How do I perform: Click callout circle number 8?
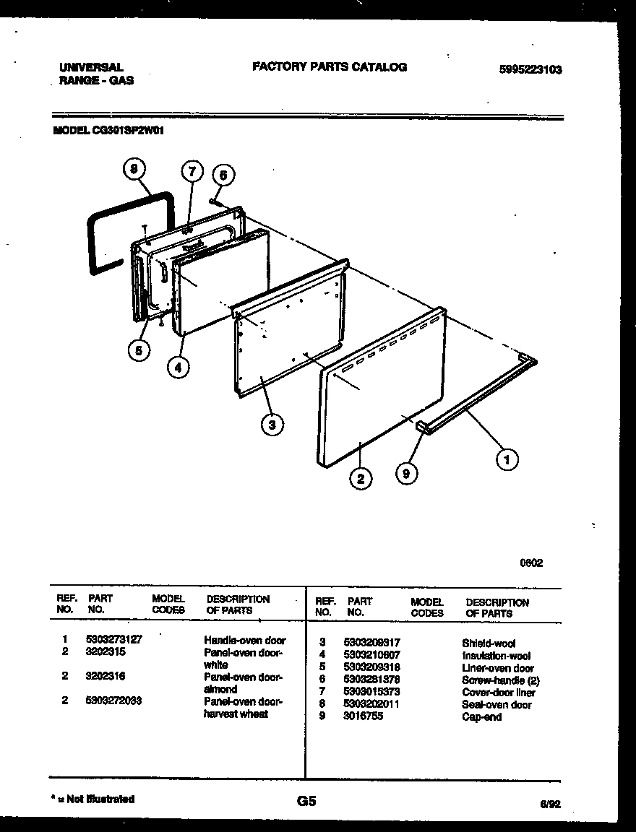[133, 170]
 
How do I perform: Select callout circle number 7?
[191, 172]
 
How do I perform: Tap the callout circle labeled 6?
[223, 175]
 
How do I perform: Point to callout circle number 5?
[139, 350]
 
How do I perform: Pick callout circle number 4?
[179, 367]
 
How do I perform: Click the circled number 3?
[272, 425]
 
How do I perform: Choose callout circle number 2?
[360, 477]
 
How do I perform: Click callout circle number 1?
[507, 459]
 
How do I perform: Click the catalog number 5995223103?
[530, 70]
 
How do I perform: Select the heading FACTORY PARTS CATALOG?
[330, 67]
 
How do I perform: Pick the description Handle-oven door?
[245, 640]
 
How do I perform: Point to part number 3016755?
[364, 716]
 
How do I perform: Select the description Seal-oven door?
[497, 704]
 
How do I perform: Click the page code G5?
[306, 801]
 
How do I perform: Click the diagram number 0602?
[532, 563]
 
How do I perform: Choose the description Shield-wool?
[489, 643]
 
